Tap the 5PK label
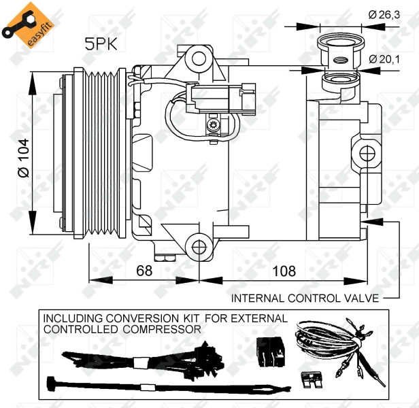[x=101, y=44]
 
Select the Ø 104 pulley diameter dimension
[x=24, y=158]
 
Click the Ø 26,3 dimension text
[x=384, y=15]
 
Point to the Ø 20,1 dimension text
[x=384, y=59]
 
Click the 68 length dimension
[x=144, y=271]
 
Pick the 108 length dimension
[x=284, y=271]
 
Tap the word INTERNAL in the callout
[x=258, y=299]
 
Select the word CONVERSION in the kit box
[x=142, y=318]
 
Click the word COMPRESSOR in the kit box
[x=162, y=329]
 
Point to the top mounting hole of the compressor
[x=199, y=59]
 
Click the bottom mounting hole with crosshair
[x=199, y=247]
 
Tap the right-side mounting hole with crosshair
[x=367, y=154]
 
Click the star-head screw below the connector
[x=213, y=124]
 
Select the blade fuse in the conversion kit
[x=312, y=379]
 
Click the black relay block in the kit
[x=270, y=352]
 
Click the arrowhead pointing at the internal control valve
[x=372, y=222]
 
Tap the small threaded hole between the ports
[x=340, y=60]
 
